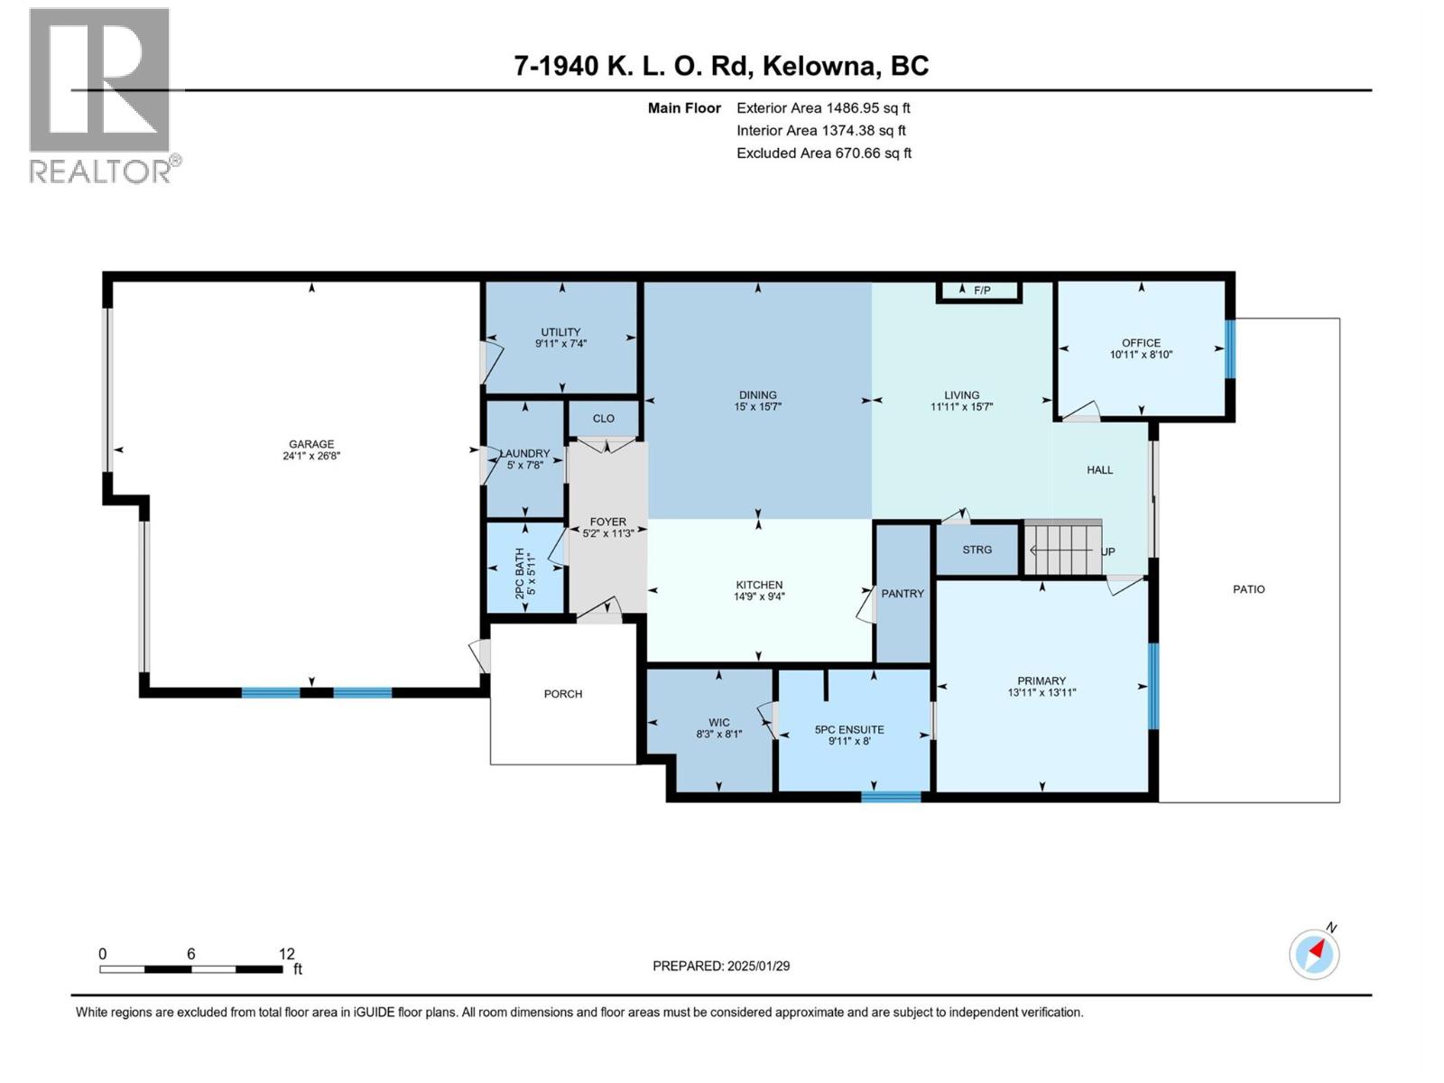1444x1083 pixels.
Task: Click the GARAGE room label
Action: point(311,444)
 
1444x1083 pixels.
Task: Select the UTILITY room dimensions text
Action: point(560,344)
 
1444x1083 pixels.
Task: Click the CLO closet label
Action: point(604,419)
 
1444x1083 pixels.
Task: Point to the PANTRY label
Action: point(902,594)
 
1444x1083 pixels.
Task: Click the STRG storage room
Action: point(977,550)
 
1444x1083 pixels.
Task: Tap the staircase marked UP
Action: point(1063,550)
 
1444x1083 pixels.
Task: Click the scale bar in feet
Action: point(191,969)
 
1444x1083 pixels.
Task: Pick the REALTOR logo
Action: point(101,95)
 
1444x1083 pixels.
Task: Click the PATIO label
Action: point(1249,589)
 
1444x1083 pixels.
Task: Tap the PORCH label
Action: point(563,694)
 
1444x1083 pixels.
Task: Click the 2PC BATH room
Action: point(525,569)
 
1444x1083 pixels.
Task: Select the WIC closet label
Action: point(719,723)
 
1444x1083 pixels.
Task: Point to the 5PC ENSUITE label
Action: point(849,730)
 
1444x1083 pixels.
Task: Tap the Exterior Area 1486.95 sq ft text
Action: point(823,108)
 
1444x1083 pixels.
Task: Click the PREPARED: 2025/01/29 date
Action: point(721,966)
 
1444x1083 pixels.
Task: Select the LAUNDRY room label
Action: point(524,454)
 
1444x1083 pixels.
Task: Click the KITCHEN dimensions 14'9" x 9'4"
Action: point(759,597)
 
